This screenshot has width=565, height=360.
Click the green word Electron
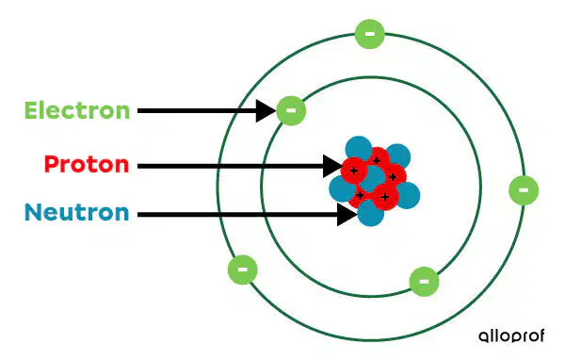pos(77,110)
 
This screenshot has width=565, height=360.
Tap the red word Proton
pos(87,164)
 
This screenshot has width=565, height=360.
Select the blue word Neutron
pos(77,212)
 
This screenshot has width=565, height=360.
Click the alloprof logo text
pos(511,335)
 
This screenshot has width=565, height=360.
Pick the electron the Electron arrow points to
pos(291,110)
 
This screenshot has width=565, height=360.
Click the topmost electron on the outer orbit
pos(370,34)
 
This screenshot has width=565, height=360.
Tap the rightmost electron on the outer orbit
pos(524,190)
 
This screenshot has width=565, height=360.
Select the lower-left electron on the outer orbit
pos(243,270)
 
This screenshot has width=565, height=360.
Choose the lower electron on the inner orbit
pos(425,282)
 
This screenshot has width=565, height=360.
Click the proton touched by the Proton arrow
pos(354,171)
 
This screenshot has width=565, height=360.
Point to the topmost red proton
pos(377,160)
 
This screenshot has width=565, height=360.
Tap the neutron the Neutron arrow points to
pos(371,213)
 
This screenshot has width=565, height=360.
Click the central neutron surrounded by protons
pos(373,179)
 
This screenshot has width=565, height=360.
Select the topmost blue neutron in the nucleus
pos(359,149)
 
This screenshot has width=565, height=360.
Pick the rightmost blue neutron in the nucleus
pos(407,195)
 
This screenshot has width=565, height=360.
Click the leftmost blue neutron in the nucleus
pos(343,188)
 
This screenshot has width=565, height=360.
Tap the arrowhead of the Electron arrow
pos(266,111)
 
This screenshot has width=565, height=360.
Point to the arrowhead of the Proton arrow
pos(332,166)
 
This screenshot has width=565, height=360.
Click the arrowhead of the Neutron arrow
pos(347,215)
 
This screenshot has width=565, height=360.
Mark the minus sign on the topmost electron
pos(370,34)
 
